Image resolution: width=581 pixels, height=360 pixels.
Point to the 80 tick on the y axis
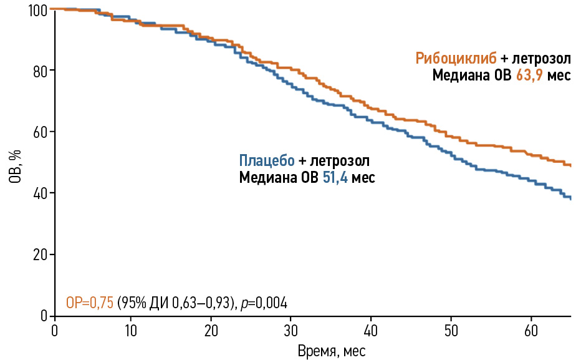coord(40,71)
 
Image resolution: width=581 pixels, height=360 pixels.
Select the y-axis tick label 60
coord(40,132)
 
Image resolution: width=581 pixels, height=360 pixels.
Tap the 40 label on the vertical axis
coord(40,193)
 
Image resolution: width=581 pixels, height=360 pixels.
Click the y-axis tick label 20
coord(40,255)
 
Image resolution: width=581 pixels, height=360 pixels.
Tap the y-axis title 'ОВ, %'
coord(16,168)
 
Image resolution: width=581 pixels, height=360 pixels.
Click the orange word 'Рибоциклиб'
coord(456,59)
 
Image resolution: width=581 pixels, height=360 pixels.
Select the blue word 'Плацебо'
coord(267,160)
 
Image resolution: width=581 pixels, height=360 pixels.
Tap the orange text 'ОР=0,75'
coord(89,303)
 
